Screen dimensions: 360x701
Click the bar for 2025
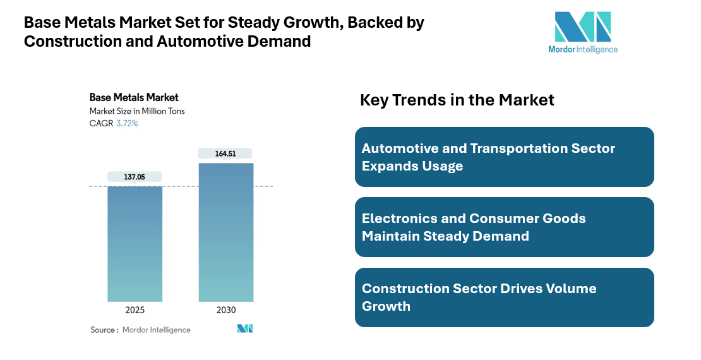(x=135, y=244)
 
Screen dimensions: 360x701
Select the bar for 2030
(x=226, y=232)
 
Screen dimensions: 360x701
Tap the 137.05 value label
(x=135, y=177)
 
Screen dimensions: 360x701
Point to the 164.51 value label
(x=225, y=153)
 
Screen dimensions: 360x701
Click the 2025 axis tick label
(x=135, y=310)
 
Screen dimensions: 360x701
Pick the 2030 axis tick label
(x=226, y=310)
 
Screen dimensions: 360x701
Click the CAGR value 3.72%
(x=127, y=124)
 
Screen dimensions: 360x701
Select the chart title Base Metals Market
(x=134, y=97)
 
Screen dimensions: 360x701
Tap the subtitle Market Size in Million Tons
(x=137, y=111)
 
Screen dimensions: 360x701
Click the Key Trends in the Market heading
(x=457, y=100)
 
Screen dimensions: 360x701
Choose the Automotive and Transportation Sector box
(x=504, y=157)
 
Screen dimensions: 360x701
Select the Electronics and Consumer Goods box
(x=504, y=227)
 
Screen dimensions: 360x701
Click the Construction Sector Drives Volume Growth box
(x=504, y=297)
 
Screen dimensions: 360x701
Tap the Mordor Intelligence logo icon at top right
(x=582, y=27)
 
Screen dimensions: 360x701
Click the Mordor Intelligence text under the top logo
(x=582, y=49)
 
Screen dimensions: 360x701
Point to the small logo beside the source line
(x=244, y=329)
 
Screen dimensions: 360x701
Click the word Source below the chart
(x=102, y=330)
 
